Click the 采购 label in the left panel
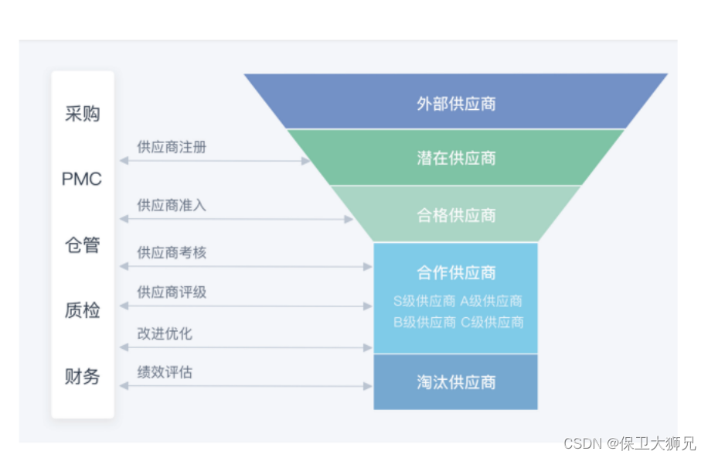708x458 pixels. click(82, 114)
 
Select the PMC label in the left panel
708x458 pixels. click(82, 179)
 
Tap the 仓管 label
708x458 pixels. click(82, 245)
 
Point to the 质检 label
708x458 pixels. click(82, 311)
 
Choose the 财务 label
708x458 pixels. click(82, 377)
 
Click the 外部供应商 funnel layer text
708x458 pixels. click(456, 103)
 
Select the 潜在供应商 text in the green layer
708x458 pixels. click(456, 159)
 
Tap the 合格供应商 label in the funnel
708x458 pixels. click(456, 215)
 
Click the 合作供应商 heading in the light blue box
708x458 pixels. click(456, 272)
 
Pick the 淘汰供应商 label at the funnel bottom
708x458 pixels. click(456, 382)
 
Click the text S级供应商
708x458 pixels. click(424, 301)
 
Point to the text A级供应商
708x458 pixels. click(492, 301)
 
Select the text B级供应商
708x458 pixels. click(424, 322)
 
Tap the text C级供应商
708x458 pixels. click(492, 322)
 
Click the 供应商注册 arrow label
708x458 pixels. click(172, 146)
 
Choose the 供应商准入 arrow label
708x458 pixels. click(172, 205)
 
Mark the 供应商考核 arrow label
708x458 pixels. click(172, 253)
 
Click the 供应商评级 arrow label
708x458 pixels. click(172, 292)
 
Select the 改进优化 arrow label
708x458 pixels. click(165, 333)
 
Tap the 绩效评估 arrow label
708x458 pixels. click(165, 372)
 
